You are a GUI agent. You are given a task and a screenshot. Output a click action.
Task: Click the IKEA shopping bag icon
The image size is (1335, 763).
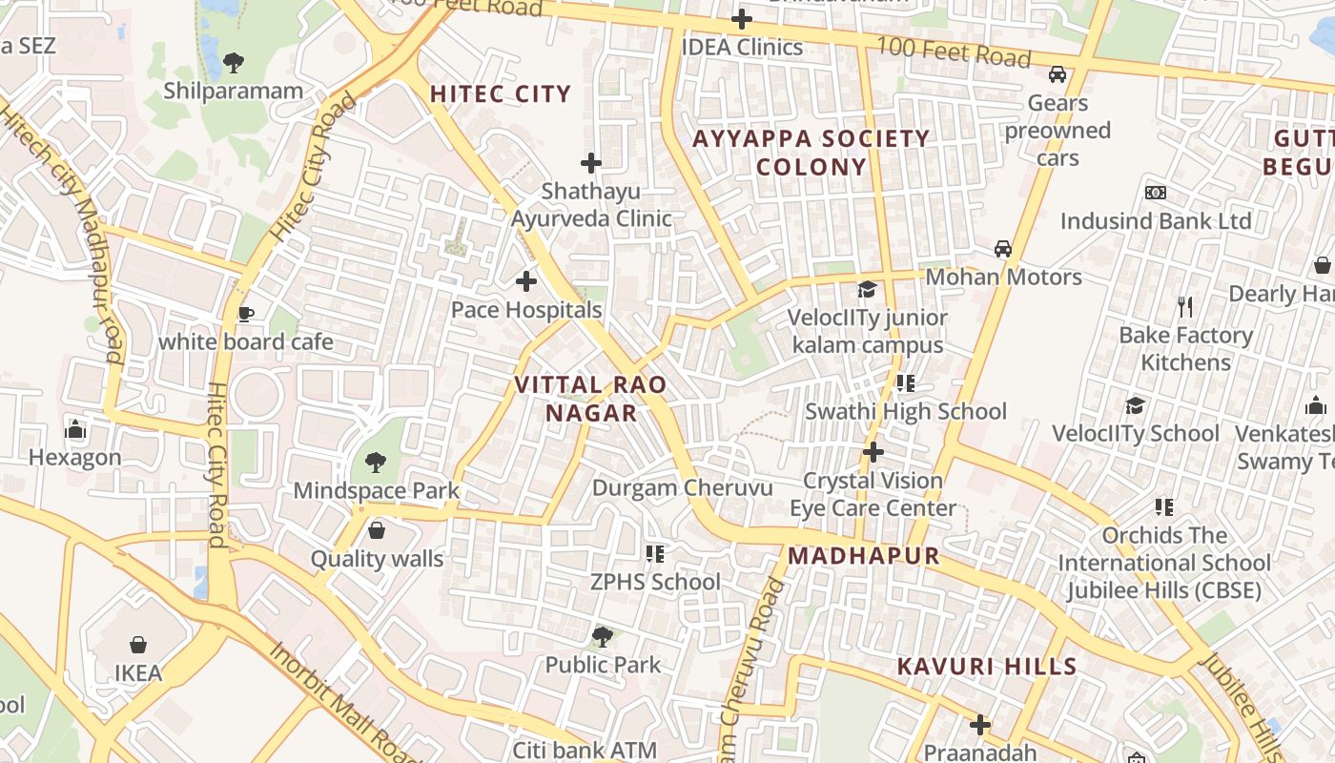pyautogui.click(x=138, y=645)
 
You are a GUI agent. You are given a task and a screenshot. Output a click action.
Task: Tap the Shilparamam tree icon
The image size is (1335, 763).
pyautogui.click(x=233, y=63)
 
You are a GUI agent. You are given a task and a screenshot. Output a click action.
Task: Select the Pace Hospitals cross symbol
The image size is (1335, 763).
pyautogui.click(x=525, y=281)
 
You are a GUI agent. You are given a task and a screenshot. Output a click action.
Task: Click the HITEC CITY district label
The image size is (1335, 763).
pyautogui.click(x=501, y=94)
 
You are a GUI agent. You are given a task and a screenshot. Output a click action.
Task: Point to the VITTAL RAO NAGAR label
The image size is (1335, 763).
pyautogui.click(x=590, y=399)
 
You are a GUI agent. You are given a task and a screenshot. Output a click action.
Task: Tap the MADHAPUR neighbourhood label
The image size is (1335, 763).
pyautogui.click(x=864, y=556)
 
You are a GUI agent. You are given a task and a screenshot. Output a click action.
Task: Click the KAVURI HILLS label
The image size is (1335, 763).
pyautogui.click(x=987, y=667)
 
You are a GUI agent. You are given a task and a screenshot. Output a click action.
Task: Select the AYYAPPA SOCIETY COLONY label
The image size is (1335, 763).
pyautogui.click(x=811, y=153)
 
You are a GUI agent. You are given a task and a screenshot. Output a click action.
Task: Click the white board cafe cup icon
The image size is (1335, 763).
pyautogui.click(x=245, y=314)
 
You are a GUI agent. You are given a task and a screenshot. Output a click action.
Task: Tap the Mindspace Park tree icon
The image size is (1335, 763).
pyautogui.click(x=376, y=463)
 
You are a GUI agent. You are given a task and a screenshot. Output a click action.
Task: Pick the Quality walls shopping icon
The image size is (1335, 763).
pyautogui.click(x=377, y=530)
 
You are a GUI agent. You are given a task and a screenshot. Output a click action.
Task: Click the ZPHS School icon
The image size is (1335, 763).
pyautogui.click(x=654, y=553)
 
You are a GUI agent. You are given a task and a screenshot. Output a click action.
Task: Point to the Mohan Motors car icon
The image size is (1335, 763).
pyautogui.click(x=1003, y=249)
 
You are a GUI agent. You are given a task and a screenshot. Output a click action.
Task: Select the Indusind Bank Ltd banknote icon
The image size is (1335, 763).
pyautogui.click(x=1156, y=193)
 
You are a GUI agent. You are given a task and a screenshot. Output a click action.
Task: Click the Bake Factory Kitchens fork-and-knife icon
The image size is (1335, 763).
pyautogui.click(x=1185, y=307)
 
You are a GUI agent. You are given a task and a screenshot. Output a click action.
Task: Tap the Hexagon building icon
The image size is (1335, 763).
pyautogui.click(x=75, y=429)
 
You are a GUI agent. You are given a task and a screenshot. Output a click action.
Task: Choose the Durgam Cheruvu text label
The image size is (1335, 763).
pyautogui.click(x=682, y=487)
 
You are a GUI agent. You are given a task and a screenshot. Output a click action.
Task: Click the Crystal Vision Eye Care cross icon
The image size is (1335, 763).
pyautogui.click(x=873, y=451)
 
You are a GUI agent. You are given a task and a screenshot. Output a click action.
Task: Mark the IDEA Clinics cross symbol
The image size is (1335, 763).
pyautogui.click(x=741, y=19)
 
